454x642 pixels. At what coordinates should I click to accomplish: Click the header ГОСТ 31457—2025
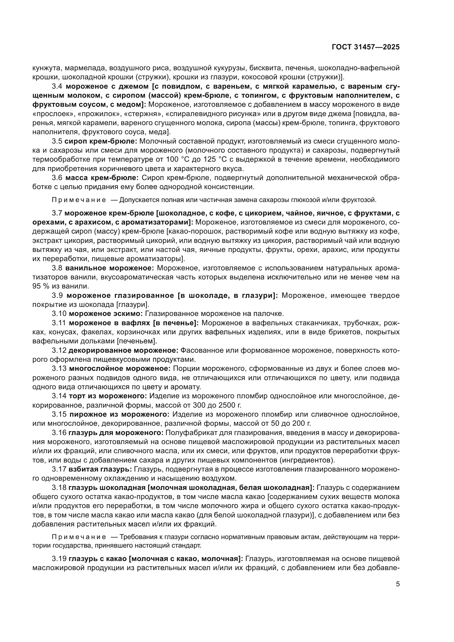pyautogui.click(x=366, y=47)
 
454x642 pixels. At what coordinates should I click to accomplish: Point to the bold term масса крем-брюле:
pyautogui.click(x=102, y=178)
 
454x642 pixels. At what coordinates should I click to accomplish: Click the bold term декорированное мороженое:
pyautogui.click(x=123, y=350)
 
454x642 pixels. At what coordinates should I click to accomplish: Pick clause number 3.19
pyautogui.click(x=59, y=551)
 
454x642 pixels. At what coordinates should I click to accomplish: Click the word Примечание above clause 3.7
pyautogui.click(x=79, y=200)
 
